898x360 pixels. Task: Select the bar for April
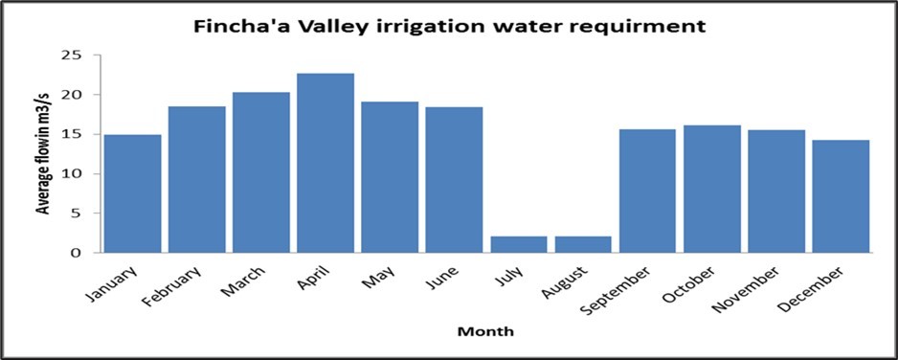(x=326, y=163)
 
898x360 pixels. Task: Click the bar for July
(x=518, y=244)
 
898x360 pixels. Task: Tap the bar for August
(x=583, y=244)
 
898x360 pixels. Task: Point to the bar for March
(x=260, y=172)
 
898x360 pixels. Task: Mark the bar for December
(x=841, y=196)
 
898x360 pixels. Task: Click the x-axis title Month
(x=486, y=331)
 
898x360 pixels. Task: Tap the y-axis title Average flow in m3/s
(x=45, y=155)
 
